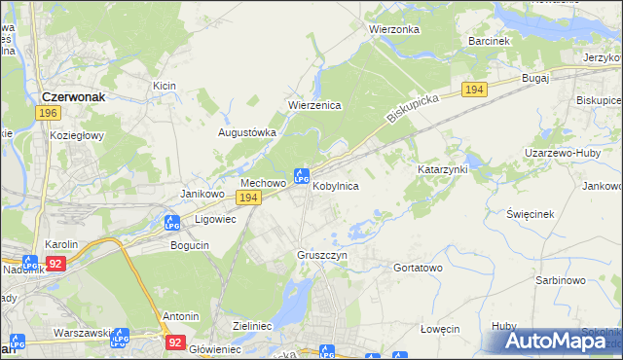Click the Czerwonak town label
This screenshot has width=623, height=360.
(x=80, y=96)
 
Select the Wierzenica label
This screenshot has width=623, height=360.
(x=313, y=105)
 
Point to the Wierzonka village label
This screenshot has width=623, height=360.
(x=394, y=29)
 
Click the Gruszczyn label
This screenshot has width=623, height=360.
(x=321, y=255)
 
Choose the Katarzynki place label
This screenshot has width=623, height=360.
(x=444, y=168)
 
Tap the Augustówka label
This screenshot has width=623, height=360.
(x=247, y=132)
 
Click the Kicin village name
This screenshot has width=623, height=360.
(x=164, y=86)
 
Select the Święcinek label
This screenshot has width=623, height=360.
(x=531, y=213)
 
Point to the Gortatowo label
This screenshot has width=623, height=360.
(x=418, y=267)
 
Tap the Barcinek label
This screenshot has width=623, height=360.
(x=489, y=42)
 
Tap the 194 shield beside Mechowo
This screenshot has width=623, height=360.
(x=249, y=198)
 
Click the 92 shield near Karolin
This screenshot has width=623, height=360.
(x=56, y=263)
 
